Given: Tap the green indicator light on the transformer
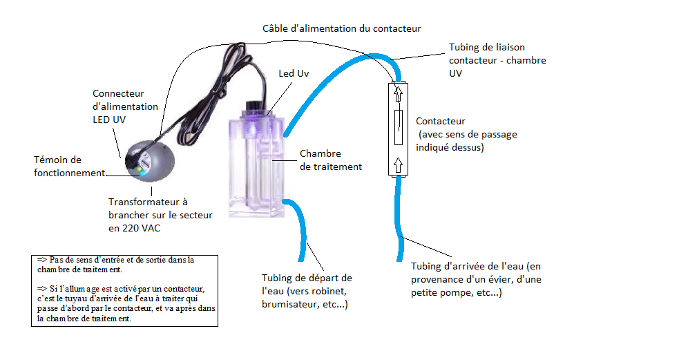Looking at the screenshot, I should pyautogui.click(x=138, y=169).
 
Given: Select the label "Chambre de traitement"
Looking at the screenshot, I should pyautogui.click(x=330, y=160).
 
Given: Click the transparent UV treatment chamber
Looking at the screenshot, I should pyautogui.click(x=256, y=166).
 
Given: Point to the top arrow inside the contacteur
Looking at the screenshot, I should pyautogui.click(x=399, y=92).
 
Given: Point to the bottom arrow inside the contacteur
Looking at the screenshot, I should pyautogui.click(x=399, y=164).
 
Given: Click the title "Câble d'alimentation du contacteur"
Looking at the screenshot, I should pyautogui.click(x=342, y=29).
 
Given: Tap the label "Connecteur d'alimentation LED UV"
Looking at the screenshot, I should pyautogui.click(x=125, y=106).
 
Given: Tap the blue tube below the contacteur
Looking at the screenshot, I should pyautogui.click(x=401, y=221).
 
